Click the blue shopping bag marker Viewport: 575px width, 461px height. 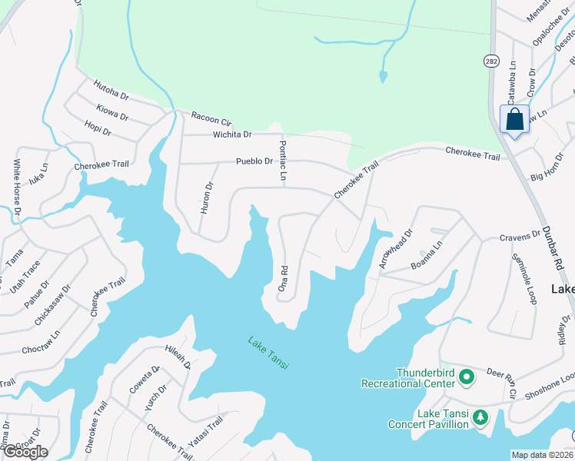coord(514,120)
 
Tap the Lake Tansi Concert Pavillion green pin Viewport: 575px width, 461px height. coord(480,418)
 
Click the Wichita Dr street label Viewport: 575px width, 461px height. coord(232,134)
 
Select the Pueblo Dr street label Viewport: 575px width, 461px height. coord(254,161)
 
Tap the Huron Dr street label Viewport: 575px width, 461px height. coord(205,197)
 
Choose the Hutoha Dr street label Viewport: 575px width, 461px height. coord(111,90)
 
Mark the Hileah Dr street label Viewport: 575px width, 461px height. coord(177,356)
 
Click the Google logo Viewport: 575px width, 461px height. coord(25,452)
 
